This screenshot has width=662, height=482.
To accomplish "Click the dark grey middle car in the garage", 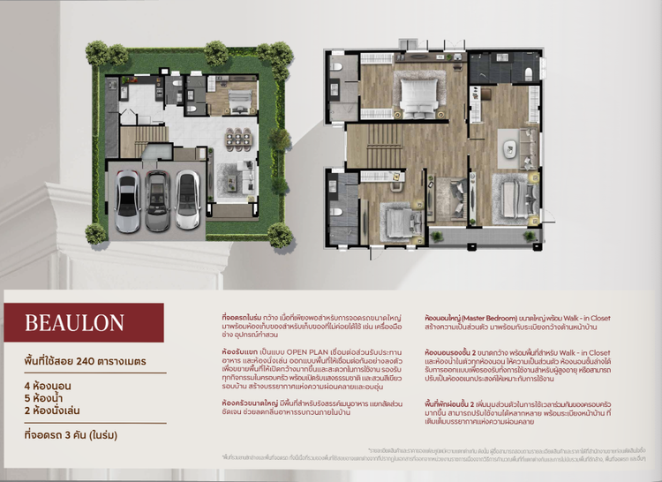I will [157, 200].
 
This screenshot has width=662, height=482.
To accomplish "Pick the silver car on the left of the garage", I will [128, 200].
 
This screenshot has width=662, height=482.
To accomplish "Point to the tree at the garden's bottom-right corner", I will [280, 235].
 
